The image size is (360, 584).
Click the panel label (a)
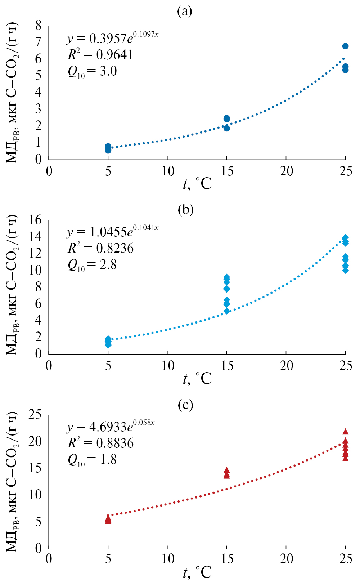coord(185,12)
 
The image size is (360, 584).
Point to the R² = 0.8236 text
coord(101,248)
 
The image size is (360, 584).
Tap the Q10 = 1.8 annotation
coord(92,460)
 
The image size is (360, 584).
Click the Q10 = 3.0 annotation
coord(92,71)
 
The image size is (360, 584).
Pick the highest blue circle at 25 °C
coord(345,46)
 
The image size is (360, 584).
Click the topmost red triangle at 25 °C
coord(345,432)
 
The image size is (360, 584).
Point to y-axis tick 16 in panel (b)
coord(35,219)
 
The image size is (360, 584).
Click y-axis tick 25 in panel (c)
coord(35,415)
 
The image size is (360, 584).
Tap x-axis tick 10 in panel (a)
coord(167,171)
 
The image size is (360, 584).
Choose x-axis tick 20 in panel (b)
coord(286,366)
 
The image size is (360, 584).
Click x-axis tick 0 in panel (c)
coord(49,559)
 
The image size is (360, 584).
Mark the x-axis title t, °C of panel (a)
coord(197,184)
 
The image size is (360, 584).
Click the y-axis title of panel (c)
coord(12,482)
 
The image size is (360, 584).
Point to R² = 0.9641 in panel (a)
coord(101,54)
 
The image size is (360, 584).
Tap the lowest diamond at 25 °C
coord(345,270)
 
